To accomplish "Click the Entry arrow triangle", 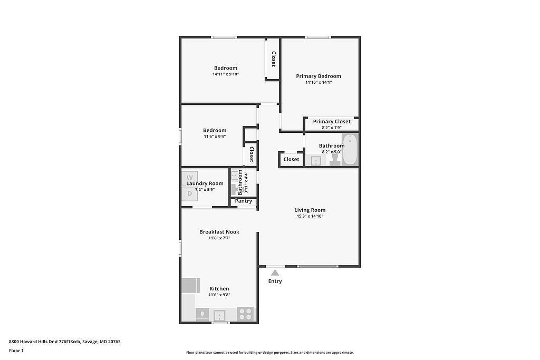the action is [275, 273].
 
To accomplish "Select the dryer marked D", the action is [190, 194].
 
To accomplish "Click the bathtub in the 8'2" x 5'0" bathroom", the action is [350, 150].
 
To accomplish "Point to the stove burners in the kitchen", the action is [245, 314].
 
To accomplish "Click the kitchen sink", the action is [219, 315].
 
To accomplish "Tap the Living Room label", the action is [310, 210].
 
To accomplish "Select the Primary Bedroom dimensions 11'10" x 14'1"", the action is [319, 82].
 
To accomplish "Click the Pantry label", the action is [244, 201].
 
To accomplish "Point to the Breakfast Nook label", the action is [219, 232].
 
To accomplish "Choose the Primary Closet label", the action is [332, 121].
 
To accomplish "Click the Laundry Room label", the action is [205, 183].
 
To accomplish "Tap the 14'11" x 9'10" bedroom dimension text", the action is [226, 74].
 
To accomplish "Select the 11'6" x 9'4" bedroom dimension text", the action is [215, 137].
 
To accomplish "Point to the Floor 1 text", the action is [16, 351].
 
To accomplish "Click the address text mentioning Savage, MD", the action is [65, 342].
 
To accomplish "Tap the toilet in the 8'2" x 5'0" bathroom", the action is [335, 159].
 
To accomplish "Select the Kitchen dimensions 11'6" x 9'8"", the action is [219, 295].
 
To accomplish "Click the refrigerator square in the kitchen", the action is [191, 285].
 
